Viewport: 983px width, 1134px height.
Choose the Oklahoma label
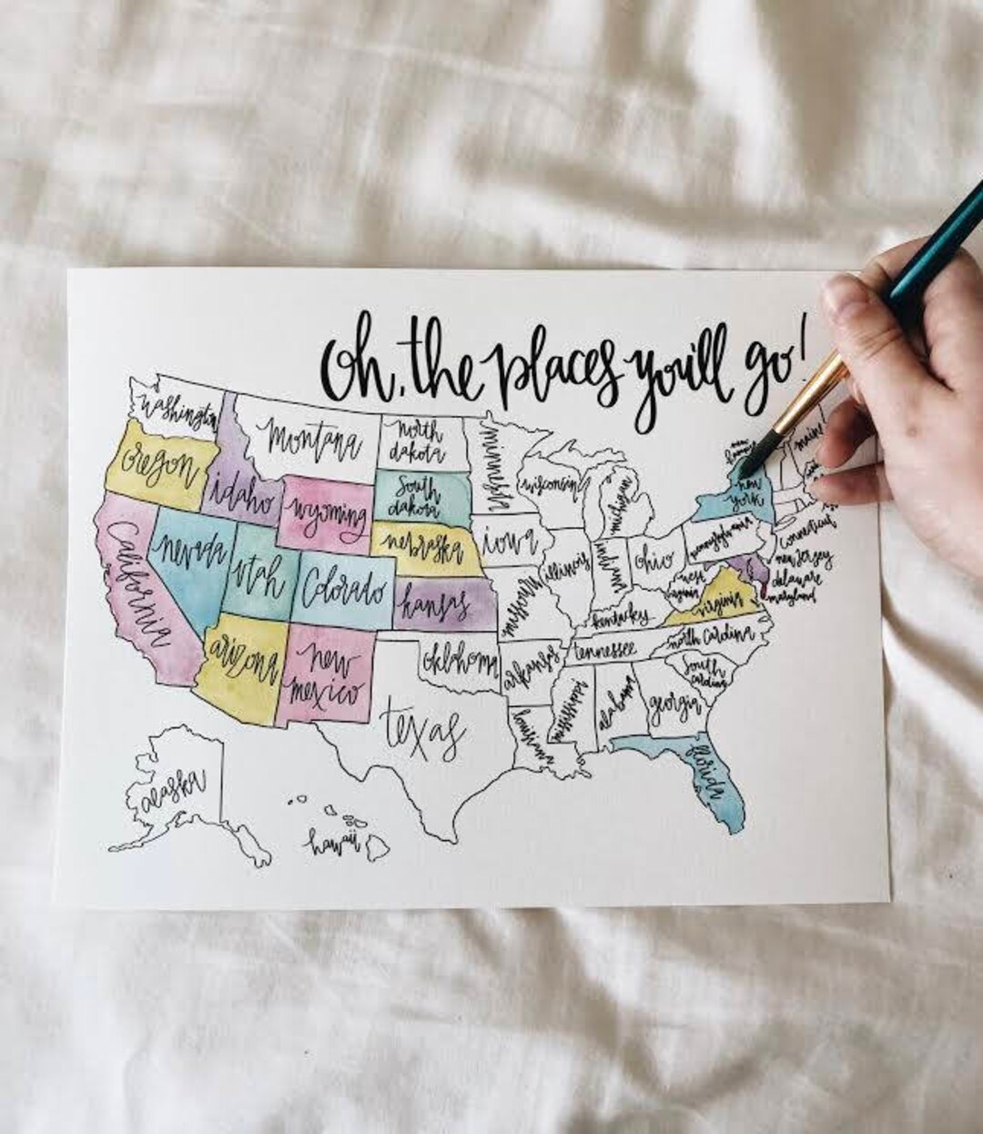pyautogui.click(x=455, y=656)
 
